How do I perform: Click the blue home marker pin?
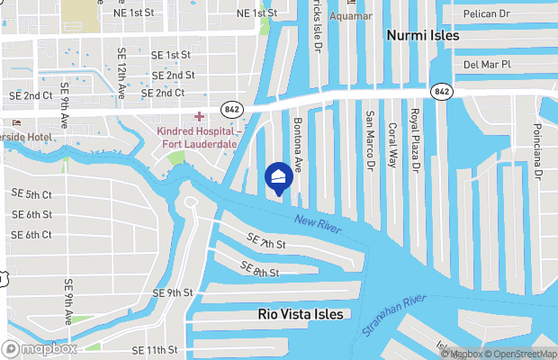279,176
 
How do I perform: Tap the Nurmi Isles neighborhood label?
422,36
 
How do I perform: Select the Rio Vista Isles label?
301,314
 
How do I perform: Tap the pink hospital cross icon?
199,116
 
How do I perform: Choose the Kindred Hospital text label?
197,137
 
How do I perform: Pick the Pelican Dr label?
488,15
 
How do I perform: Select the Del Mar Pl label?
486,64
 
